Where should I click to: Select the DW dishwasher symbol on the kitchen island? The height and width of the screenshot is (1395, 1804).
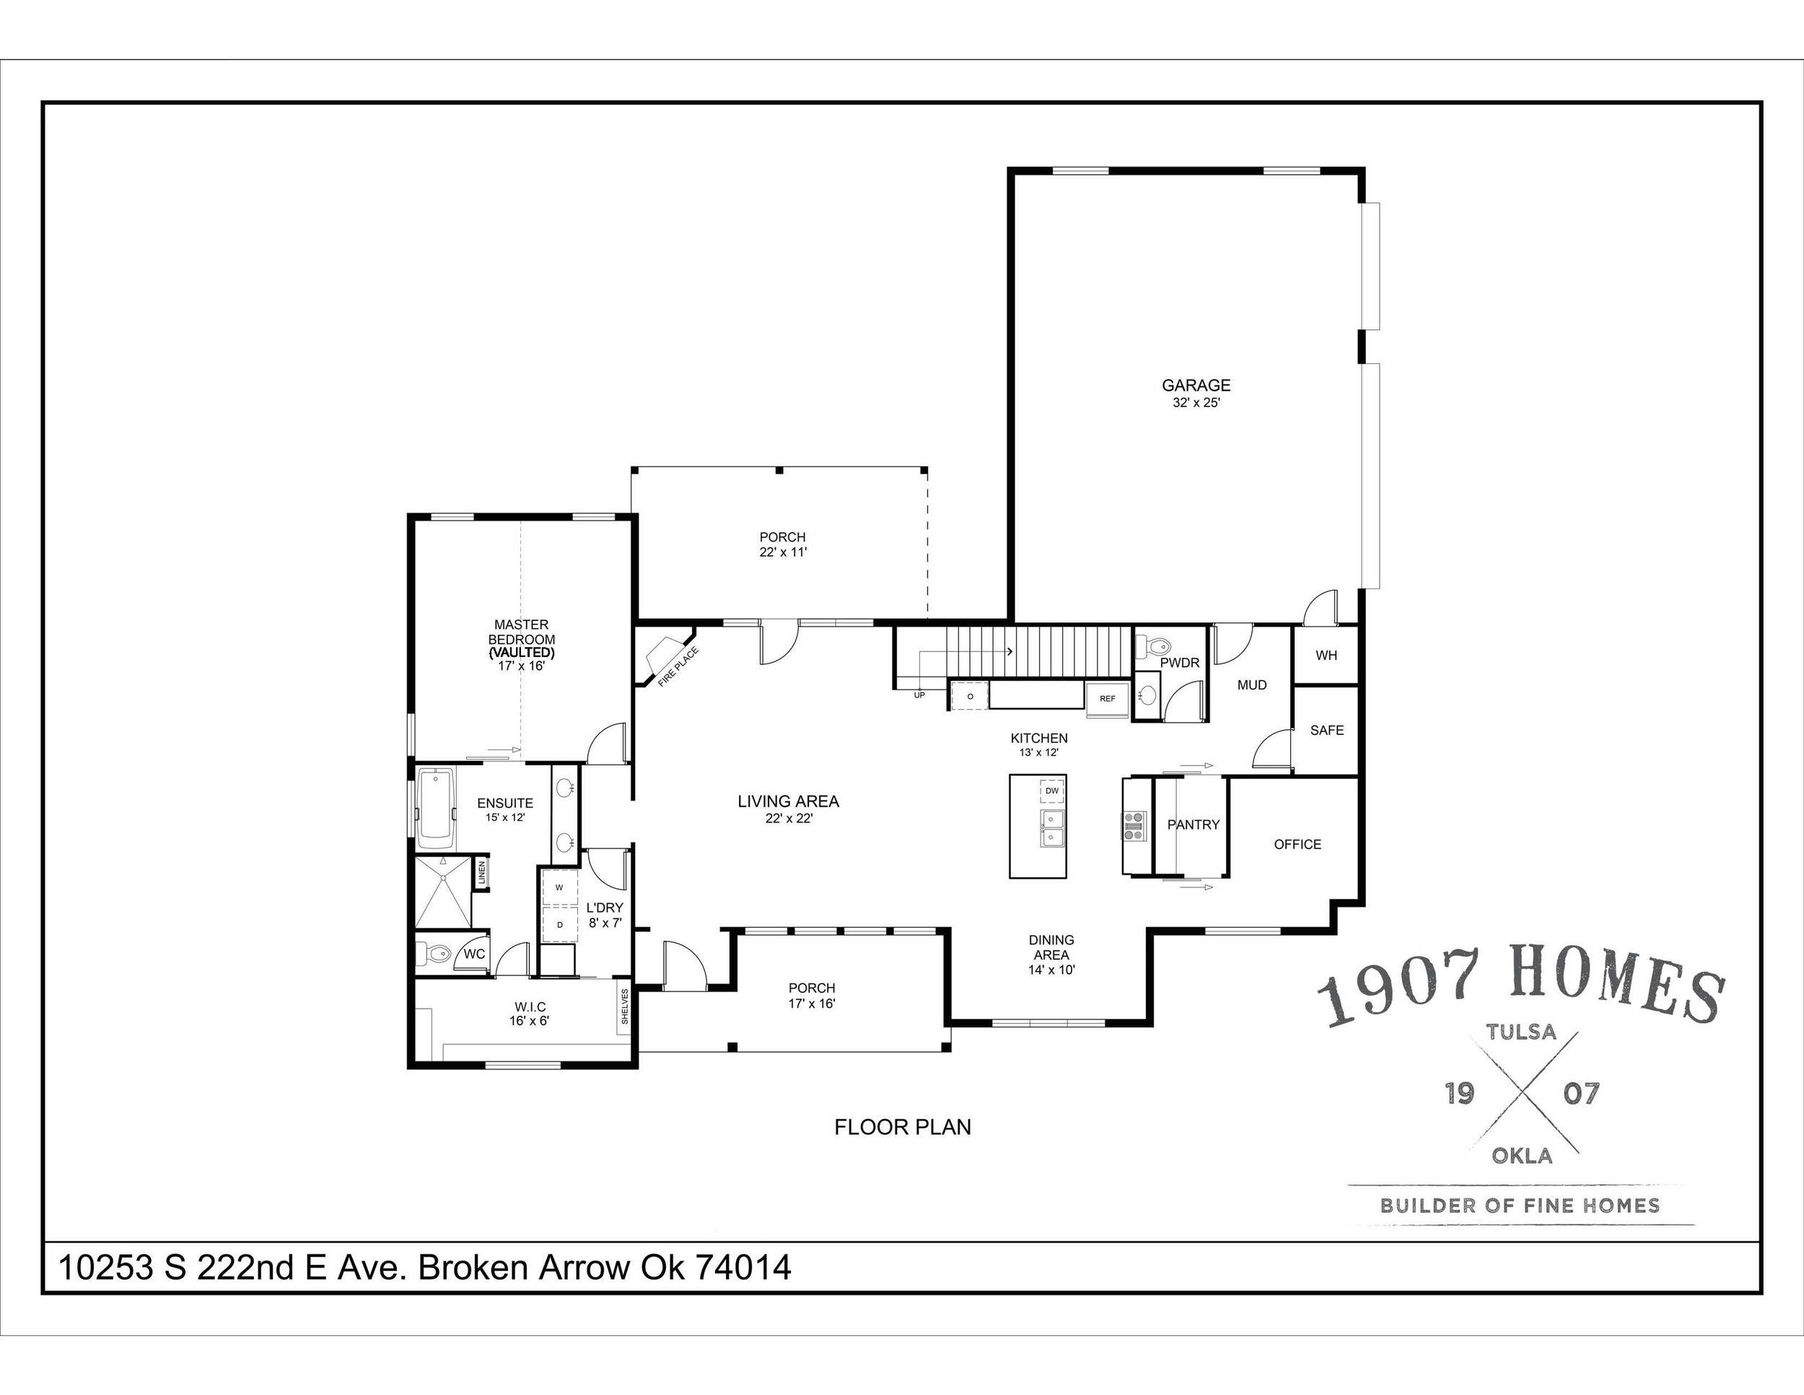click(x=1051, y=791)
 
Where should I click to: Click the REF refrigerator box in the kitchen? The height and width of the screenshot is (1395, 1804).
click(x=1107, y=698)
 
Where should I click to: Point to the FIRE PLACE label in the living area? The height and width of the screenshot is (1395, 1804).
click(x=678, y=667)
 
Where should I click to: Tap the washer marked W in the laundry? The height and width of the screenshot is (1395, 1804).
click(x=559, y=887)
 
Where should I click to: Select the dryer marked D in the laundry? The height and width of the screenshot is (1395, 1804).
click(x=559, y=924)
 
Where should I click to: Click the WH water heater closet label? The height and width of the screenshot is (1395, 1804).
click(x=1326, y=656)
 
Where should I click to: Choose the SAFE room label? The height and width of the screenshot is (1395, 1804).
click(x=1326, y=730)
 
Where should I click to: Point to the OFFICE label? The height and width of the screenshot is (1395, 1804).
click(x=1297, y=844)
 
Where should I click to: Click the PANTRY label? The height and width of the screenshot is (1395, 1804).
click(x=1193, y=824)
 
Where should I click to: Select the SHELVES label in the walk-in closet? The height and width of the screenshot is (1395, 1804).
click(x=624, y=1007)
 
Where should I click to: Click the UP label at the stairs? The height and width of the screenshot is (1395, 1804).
click(x=919, y=695)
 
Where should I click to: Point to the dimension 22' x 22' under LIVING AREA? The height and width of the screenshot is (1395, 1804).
click(x=788, y=819)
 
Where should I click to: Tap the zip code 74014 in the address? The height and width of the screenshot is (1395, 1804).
click(x=743, y=1267)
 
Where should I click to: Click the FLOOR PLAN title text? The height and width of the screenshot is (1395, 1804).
click(x=902, y=1127)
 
